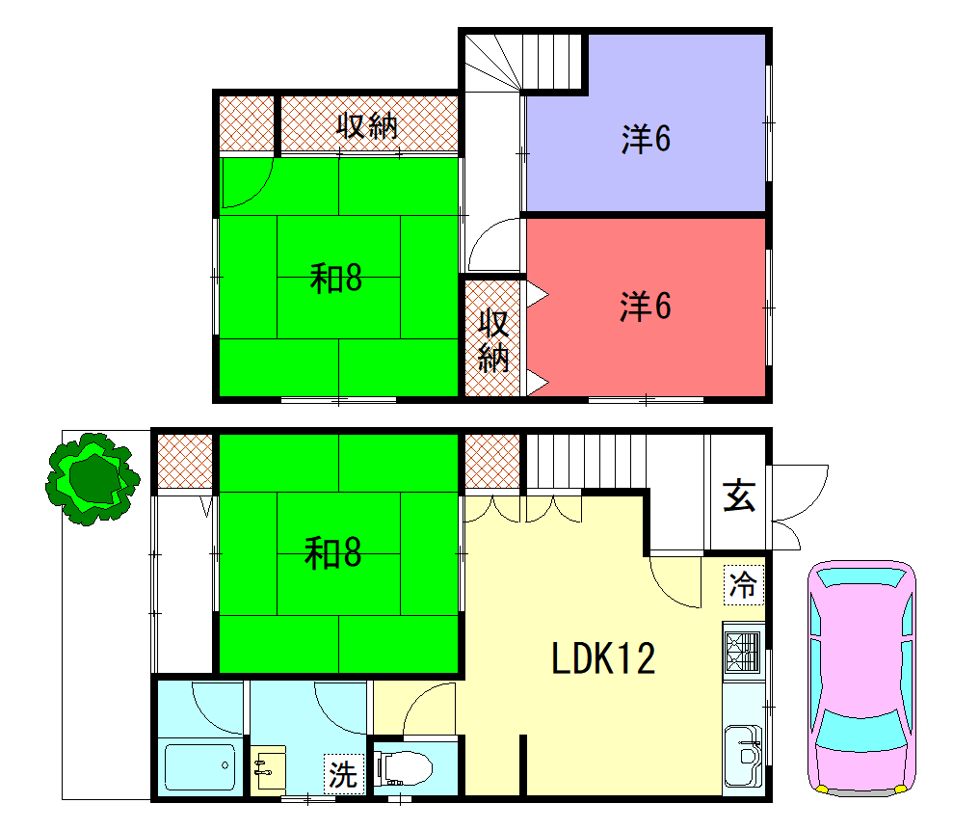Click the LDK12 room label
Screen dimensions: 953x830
point(603,657)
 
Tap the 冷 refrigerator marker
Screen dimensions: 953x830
point(743,585)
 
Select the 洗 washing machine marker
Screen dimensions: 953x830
point(343,774)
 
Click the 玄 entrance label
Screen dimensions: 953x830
point(739,495)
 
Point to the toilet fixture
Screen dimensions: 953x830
point(403,768)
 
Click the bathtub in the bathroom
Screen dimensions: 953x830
point(200,766)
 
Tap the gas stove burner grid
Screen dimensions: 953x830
point(743,652)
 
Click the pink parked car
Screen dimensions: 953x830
point(861,678)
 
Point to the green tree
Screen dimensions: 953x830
point(93,478)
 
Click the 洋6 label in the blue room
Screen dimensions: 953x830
point(646,139)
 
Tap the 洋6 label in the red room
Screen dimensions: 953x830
point(646,306)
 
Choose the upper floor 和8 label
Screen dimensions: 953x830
point(336,279)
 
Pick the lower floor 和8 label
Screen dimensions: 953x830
point(333,553)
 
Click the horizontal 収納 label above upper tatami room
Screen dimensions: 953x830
point(367,126)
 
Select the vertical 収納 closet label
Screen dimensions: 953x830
point(493,340)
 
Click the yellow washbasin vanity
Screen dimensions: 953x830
point(268,771)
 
